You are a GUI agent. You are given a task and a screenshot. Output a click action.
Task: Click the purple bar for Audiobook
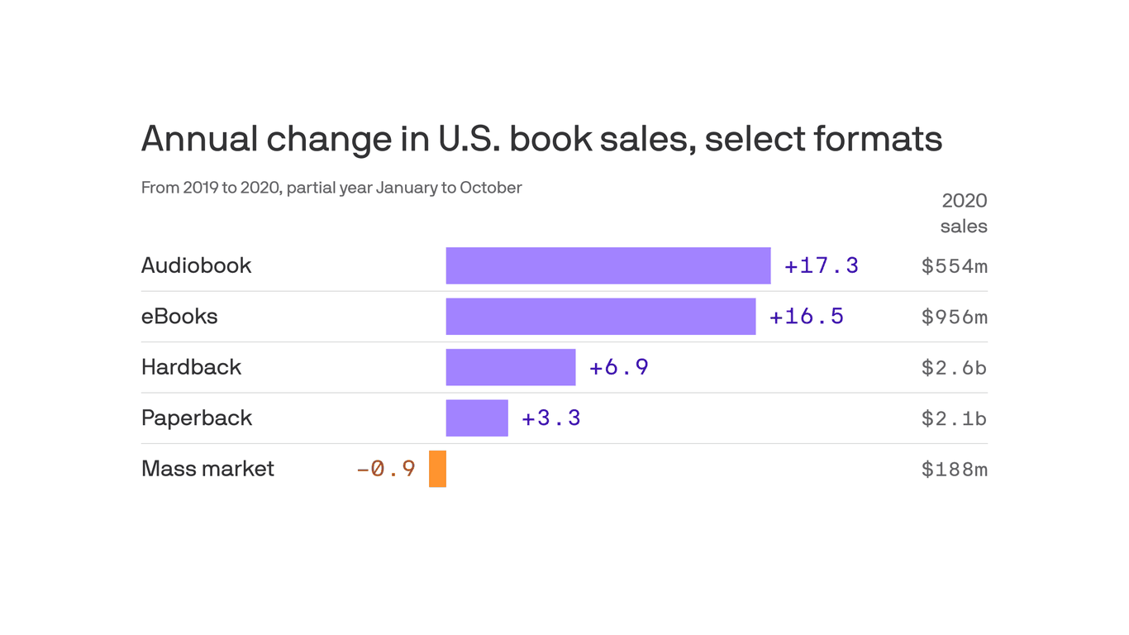(x=607, y=265)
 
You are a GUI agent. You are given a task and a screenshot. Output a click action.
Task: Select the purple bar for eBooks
(x=600, y=317)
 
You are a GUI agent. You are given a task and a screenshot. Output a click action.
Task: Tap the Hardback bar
(x=510, y=367)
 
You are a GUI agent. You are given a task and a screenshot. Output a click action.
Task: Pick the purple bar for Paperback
(x=477, y=418)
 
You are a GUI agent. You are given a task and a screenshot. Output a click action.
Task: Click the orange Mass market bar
(x=437, y=469)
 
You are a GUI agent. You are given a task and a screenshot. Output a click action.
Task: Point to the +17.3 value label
(x=821, y=265)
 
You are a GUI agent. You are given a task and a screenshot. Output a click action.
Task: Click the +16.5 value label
(x=806, y=317)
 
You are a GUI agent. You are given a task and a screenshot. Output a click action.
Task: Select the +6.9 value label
(x=618, y=367)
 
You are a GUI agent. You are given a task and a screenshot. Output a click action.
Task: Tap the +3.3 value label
(x=550, y=418)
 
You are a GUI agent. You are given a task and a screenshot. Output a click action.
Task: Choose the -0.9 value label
(x=385, y=469)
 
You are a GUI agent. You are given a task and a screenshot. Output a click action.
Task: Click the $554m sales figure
(x=954, y=266)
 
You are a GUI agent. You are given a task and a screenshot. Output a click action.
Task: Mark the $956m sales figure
(x=954, y=317)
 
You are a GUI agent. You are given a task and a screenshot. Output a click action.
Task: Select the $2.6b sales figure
(x=954, y=368)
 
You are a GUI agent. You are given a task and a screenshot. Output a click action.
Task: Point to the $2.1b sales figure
(x=954, y=419)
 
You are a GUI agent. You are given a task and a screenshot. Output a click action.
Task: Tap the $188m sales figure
(x=954, y=470)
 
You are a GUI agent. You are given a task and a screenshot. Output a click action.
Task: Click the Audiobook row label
(x=196, y=265)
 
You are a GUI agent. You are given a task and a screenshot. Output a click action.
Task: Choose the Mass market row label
(x=207, y=469)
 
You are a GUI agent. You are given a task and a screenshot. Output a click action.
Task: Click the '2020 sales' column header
(x=964, y=213)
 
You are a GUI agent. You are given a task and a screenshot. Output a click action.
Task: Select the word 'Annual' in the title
(x=200, y=139)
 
